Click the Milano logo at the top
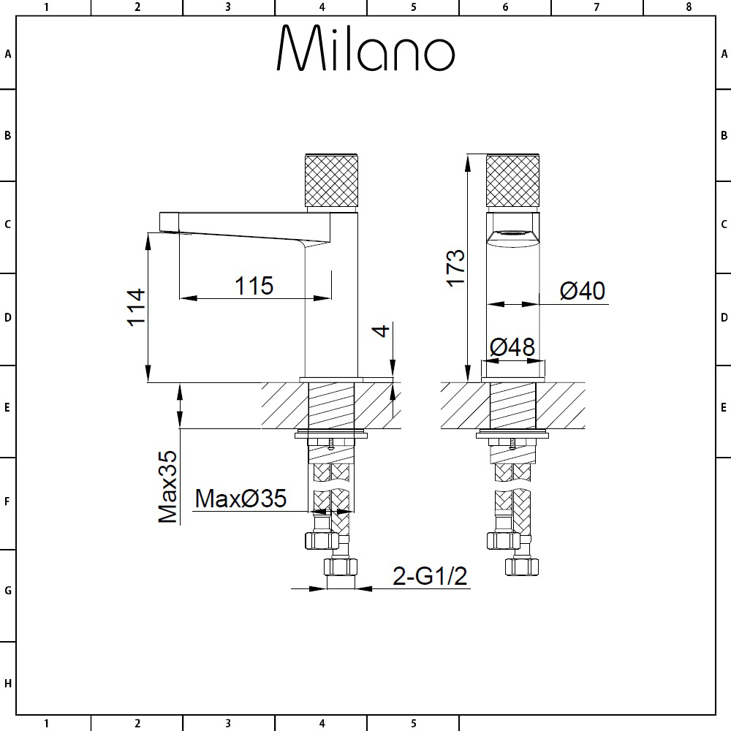tap(365, 48)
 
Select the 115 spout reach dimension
tap(254, 286)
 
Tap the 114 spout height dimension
tap(137, 307)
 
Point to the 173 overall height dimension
tap(455, 268)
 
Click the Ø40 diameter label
tap(583, 290)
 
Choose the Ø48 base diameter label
tap(512, 347)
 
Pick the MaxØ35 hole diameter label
tap(240, 499)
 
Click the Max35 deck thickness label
tap(168, 487)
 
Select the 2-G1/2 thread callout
tap(430, 576)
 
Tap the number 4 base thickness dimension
tap(382, 330)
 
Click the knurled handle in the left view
tap(331, 180)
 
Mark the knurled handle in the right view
tap(513, 181)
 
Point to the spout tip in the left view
tap(169, 222)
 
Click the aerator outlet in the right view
tap(513, 232)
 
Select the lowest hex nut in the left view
tap(341, 567)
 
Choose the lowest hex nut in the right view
tap(522, 567)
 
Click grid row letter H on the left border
tap(7, 683)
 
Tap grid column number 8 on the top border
tap(689, 7)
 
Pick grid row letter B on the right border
tap(724, 135)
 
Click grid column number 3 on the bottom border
tap(228, 724)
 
